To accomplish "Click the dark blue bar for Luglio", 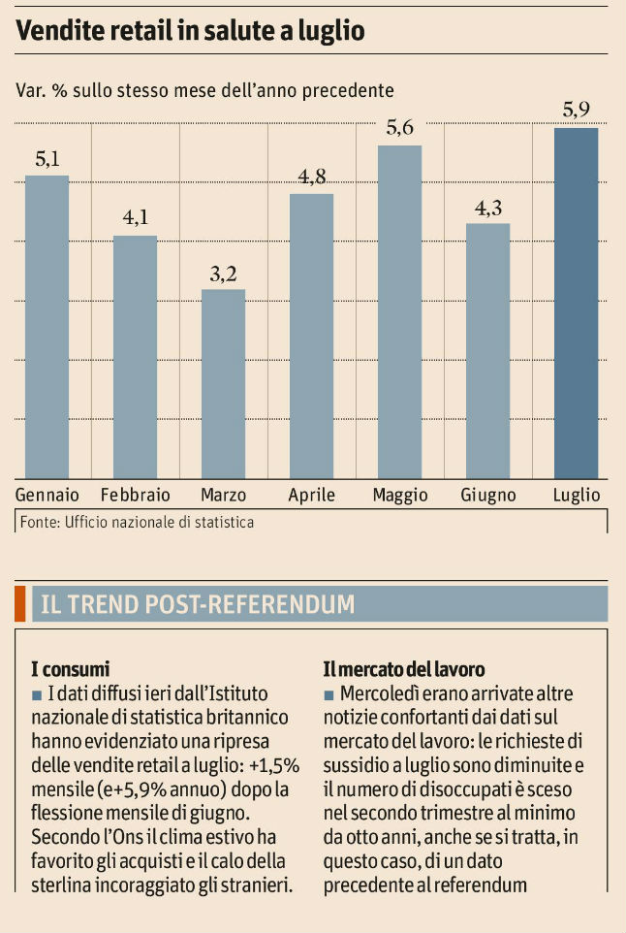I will [x=576, y=303].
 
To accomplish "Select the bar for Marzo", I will [x=223, y=383].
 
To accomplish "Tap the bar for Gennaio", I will [x=47, y=326].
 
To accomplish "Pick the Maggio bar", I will [x=399, y=311].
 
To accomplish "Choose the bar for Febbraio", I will [x=135, y=356].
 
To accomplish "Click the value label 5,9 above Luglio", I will [x=576, y=110].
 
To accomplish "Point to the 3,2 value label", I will [x=223, y=273].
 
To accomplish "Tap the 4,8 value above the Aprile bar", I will [x=312, y=177].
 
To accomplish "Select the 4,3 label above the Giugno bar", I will [x=487, y=208].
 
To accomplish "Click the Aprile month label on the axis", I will [x=312, y=496].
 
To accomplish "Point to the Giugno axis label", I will [x=488, y=496].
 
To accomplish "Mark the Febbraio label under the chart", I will [x=135, y=496].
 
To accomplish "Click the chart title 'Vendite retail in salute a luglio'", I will [x=190, y=31].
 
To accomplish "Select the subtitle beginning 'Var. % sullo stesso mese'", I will [x=204, y=91].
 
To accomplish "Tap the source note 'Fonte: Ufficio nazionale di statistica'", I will [x=137, y=523].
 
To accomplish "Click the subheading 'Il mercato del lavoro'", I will [x=403, y=669].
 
